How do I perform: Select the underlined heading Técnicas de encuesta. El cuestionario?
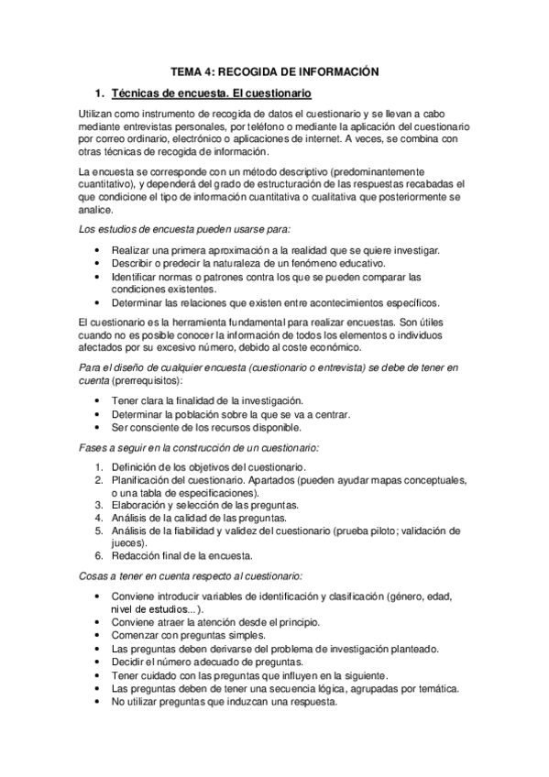click(212, 93)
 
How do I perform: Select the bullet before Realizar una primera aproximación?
click(97, 249)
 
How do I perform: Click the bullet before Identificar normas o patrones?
click(97, 276)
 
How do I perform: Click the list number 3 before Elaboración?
click(99, 504)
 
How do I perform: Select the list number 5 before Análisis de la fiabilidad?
click(99, 530)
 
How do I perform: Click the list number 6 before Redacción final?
click(99, 555)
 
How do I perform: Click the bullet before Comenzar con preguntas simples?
click(97, 635)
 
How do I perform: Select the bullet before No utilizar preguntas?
click(97, 701)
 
